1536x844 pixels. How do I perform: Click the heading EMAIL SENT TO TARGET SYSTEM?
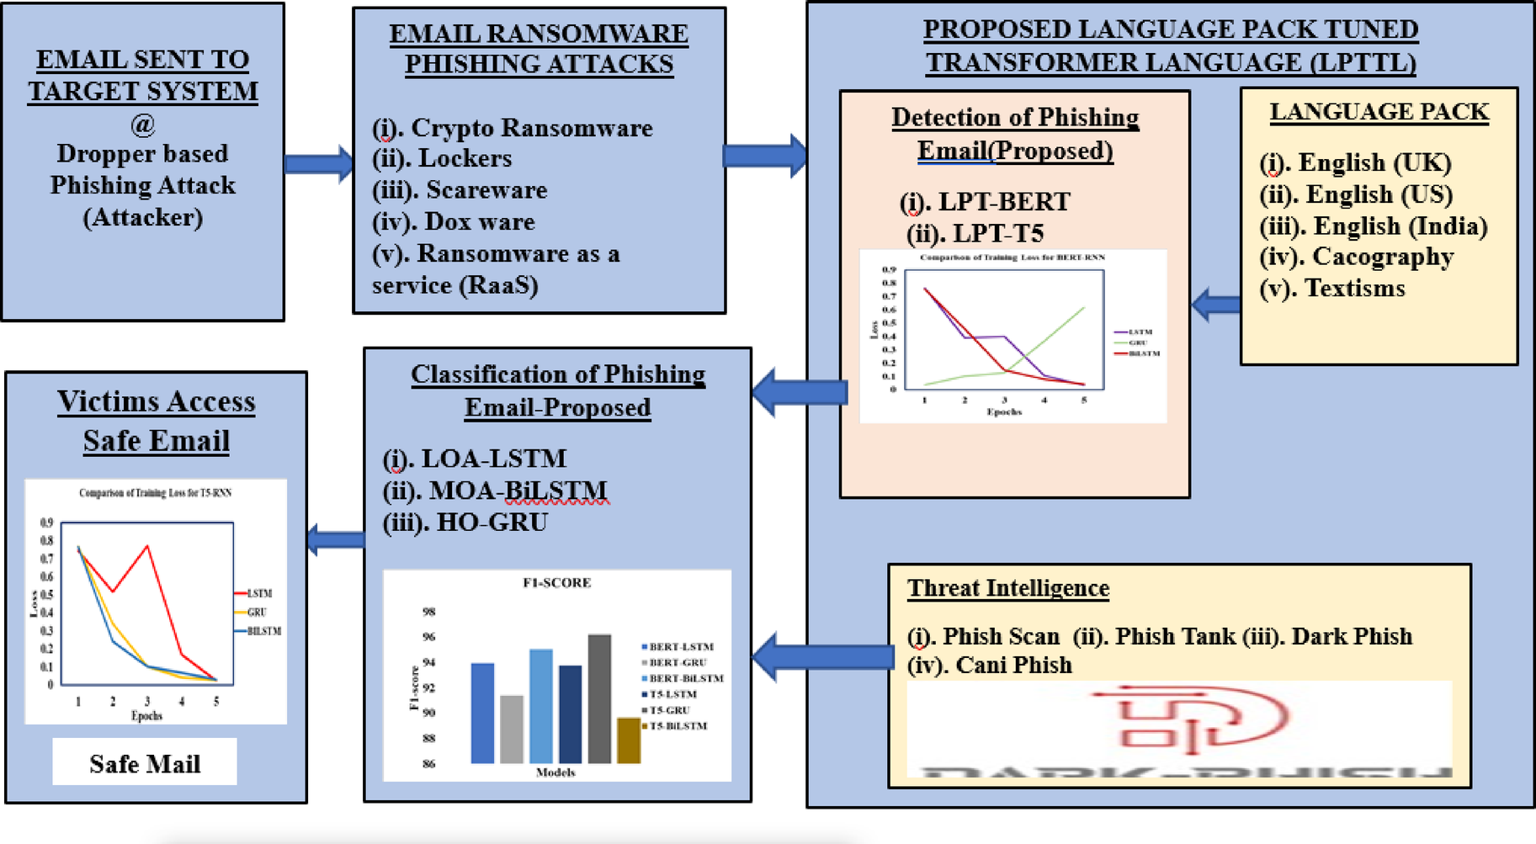coord(143,75)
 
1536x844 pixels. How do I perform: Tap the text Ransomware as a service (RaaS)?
coord(497,269)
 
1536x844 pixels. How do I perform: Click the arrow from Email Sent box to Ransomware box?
coord(318,163)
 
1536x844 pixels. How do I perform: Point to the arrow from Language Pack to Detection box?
coord(1216,304)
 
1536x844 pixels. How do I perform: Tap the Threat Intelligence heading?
coord(1007,587)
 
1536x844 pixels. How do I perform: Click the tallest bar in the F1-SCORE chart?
coord(599,698)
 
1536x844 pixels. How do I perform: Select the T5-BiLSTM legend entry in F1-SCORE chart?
coord(678,725)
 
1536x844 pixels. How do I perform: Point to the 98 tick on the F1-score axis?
coord(428,612)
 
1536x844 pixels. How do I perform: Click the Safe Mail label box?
coord(145,762)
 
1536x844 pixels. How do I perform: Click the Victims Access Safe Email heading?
coord(156,421)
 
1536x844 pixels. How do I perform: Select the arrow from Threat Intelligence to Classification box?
coord(822,656)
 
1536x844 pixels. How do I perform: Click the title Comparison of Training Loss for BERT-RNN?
coord(1012,257)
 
